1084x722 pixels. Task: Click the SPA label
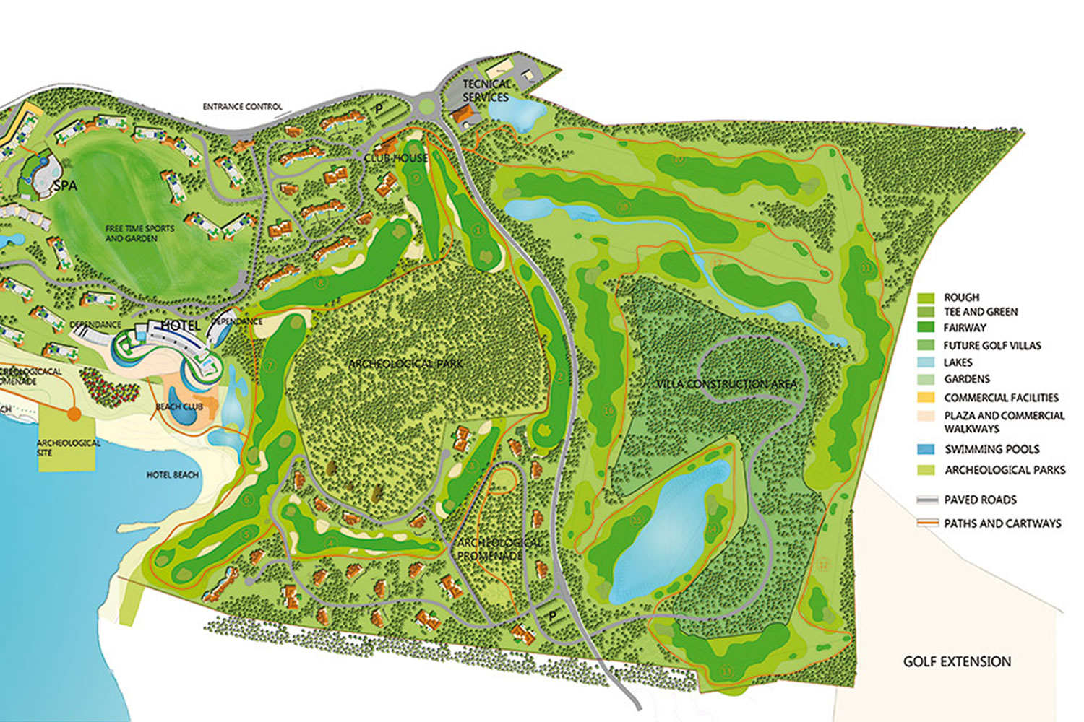pyautogui.click(x=65, y=186)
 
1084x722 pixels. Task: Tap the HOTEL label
pyautogui.click(x=180, y=326)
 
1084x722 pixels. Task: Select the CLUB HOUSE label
pyautogui.click(x=396, y=158)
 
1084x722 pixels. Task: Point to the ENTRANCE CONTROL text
pyautogui.click(x=242, y=107)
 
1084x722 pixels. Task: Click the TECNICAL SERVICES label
pyautogui.click(x=486, y=91)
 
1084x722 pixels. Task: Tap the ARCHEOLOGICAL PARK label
pyautogui.click(x=405, y=363)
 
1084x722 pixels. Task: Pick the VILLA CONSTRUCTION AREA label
pyautogui.click(x=726, y=383)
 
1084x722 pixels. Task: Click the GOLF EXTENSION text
pyautogui.click(x=957, y=661)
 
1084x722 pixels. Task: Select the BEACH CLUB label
pyautogui.click(x=179, y=406)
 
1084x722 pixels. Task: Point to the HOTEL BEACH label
pyautogui.click(x=172, y=475)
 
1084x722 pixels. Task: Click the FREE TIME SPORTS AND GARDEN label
pyautogui.click(x=139, y=233)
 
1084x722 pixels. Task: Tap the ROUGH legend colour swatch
pyautogui.click(x=926, y=297)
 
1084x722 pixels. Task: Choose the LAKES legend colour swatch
pyautogui.click(x=926, y=362)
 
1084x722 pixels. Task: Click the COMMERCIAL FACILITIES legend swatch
pyautogui.click(x=926, y=397)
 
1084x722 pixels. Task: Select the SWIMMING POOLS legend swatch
pyautogui.click(x=926, y=449)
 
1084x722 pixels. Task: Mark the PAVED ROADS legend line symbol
pyautogui.click(x=927, y=500)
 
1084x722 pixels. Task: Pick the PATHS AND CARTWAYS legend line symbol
pyautogui.click(x=927, y=523)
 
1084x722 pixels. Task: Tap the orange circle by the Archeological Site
pyautogui.click(x=74, y=414)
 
